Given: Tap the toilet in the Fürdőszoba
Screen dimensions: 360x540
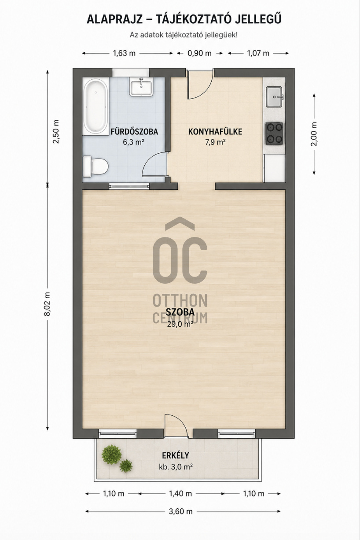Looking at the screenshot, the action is click(95, 166).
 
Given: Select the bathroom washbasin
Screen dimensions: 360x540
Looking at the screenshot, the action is click(141, 87).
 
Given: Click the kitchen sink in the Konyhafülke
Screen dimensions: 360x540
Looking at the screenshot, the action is click(274, 96).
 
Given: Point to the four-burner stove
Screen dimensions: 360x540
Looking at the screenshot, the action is click(274, 133).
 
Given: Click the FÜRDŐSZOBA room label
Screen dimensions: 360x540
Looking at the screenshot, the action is click(134, 132).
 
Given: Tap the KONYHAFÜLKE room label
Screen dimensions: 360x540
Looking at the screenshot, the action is click(215, 132).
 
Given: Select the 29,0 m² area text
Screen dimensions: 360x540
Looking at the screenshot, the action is click(180, 324).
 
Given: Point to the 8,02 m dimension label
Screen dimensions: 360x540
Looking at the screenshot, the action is click(48, 304).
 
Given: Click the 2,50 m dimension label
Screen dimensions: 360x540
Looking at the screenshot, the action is click(56, 131).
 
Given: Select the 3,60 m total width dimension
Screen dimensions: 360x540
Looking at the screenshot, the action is click(180, 511).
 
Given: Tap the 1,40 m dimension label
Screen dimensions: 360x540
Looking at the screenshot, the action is click(180, 494).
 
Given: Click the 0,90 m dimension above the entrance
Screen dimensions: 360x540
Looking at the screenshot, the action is click(199, 53).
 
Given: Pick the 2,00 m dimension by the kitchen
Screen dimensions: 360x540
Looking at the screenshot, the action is click(314, 134).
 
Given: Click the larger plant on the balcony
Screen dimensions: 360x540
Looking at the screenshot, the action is click(111, 455).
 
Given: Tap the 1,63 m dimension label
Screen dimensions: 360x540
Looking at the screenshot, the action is click(124, 53).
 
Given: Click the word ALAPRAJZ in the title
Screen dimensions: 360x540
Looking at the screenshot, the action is click(114, 19).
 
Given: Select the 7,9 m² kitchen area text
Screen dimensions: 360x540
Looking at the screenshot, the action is click(215, 142).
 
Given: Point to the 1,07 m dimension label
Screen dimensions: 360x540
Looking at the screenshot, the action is click(258, 53).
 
